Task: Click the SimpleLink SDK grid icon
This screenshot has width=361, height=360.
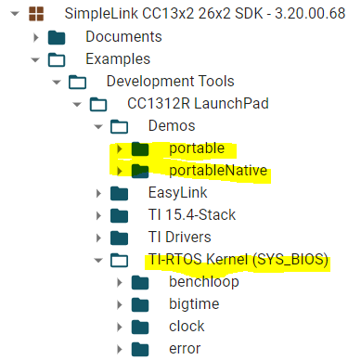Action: (36, 15)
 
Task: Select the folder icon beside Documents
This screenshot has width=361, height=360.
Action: (57, 37)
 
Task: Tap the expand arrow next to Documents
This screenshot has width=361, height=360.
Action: (35, 37)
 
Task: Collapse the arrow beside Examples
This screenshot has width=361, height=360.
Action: (35, 59)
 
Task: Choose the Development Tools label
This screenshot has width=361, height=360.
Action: (170, 82)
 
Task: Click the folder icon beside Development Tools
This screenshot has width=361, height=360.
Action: (77, 82)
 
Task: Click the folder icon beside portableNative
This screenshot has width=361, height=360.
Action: (140, 170)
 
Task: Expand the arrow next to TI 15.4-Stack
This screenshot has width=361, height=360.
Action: (98, 215)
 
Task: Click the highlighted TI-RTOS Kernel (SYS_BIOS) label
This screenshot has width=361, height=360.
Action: (238, 260)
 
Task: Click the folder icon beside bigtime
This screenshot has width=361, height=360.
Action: (140, 304)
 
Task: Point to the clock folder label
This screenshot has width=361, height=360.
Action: (187, 327)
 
